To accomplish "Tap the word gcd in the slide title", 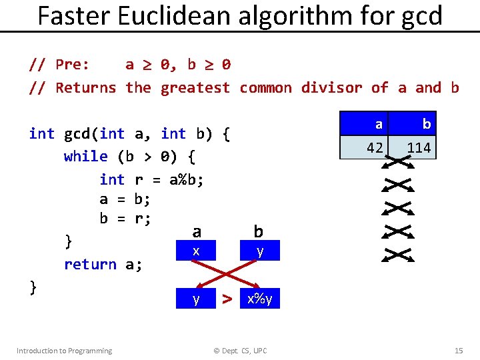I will pos(420,17).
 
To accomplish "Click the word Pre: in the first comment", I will pos(73,65).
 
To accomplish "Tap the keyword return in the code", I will pos(90,264).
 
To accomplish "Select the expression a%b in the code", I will pos(187,179).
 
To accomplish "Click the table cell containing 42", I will pos(371,147).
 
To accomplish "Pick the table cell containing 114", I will pos(419,147).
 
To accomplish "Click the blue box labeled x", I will pos(196,251).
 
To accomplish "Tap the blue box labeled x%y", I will pos(260,299).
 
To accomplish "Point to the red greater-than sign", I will pos(227,299).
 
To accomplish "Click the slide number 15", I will pos(458,351).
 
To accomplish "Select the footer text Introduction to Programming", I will pos(64,351).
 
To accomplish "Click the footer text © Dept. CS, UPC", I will pos(239,351).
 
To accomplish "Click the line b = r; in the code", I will pos(125,219).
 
